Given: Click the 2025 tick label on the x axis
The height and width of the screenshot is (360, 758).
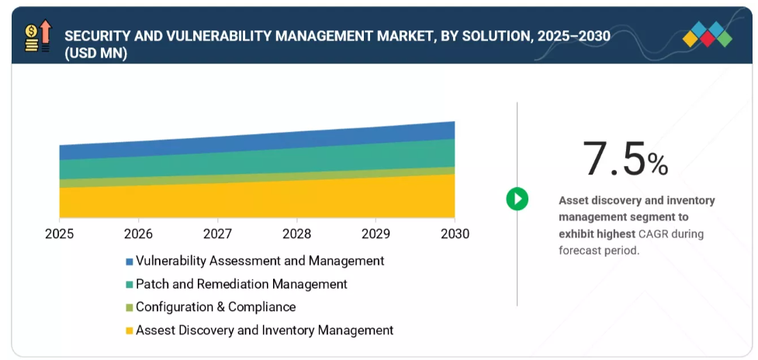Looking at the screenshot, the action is click(x=59, y=234).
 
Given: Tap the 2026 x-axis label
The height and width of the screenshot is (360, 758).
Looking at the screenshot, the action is click(x=138, y=234).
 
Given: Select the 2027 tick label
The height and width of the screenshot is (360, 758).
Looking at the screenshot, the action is click(x=217, y=234).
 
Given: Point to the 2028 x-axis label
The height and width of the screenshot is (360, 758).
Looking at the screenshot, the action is click(x=297, y=234).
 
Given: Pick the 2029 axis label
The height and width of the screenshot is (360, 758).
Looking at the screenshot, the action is click(x=376, y=234).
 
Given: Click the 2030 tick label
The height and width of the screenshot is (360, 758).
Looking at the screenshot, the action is click(x=455, y=234).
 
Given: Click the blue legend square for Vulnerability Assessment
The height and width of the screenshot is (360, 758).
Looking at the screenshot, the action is click(x=129, y=262).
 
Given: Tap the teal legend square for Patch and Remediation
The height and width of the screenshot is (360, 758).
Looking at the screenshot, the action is click(x=129, y=285).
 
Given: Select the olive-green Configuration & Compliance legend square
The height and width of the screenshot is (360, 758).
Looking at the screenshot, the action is click(x=129, y=308).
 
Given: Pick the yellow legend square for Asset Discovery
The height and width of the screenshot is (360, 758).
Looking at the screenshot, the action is click(x=129, y=331).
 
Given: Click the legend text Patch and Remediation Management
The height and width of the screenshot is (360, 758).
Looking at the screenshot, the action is click(x=242, y=284).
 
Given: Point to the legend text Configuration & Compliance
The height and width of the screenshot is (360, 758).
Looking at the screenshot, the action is click(x=216, y=306).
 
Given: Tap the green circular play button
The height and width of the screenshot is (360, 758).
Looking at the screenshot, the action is click(x=517, y=199).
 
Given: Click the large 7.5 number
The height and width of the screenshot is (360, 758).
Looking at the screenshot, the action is click(x=614, y=158).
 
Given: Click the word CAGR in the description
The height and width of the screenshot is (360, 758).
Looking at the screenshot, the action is click(x=653, y=234).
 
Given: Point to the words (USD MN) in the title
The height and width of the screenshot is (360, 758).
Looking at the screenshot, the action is click(x=95, y=54).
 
